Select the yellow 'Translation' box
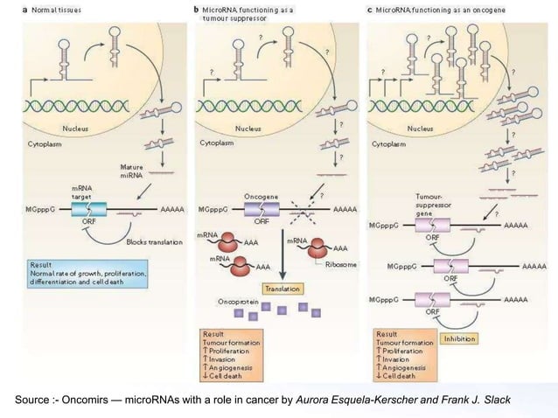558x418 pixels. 279,288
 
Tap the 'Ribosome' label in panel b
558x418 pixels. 338,263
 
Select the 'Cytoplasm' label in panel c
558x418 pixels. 389,143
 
